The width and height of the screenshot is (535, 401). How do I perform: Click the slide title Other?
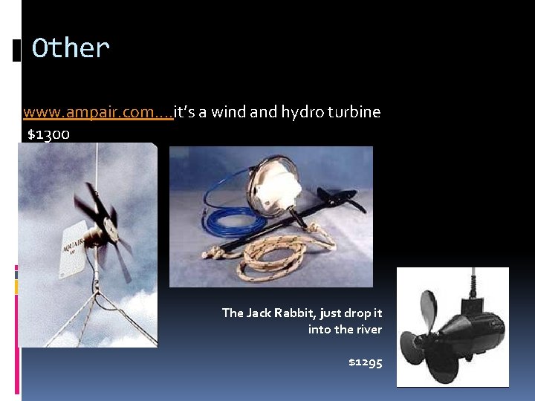tap(71, 49)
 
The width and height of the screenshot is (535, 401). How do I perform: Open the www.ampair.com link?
tap(97, 113)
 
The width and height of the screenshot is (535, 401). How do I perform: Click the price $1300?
tap(48, 134)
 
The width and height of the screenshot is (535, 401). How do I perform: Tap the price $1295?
tap(366, 362)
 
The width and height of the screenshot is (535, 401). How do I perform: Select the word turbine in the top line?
tap(353, 113)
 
